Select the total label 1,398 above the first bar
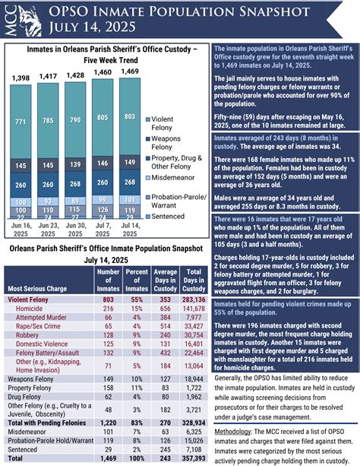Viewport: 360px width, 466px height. pos(21,78)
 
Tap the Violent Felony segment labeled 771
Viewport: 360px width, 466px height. pos(21,122)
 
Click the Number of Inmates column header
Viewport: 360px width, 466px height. pos(109,281)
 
